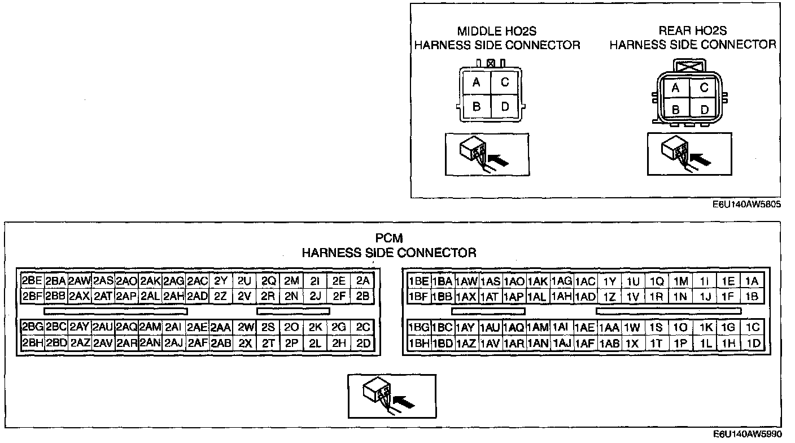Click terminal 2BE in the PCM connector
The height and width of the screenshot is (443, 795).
[x=32, y=281]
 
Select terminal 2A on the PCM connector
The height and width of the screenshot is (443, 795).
[x=362, y=281]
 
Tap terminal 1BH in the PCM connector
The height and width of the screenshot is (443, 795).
[x=418, y=343]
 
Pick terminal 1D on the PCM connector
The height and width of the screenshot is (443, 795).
[x=753, y=343]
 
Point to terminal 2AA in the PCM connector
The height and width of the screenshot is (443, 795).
[x=221, y=327]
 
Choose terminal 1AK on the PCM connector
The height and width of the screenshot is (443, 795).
[x=538, y=281]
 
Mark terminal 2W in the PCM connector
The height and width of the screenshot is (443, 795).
[x=245, y=327]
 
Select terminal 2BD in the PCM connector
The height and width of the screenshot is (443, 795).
[x=56, y=343]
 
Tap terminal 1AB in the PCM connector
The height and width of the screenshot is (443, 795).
[x=609, y=343]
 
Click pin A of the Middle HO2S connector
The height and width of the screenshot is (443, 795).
[x=477, y=83]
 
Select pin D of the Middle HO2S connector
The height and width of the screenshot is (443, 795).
[x=505, y=106]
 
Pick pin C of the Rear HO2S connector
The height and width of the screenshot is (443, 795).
[x=704, y=88]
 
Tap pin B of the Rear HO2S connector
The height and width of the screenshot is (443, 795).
[x=675, y=110]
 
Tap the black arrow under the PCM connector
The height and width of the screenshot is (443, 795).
[x=403, y=402]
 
